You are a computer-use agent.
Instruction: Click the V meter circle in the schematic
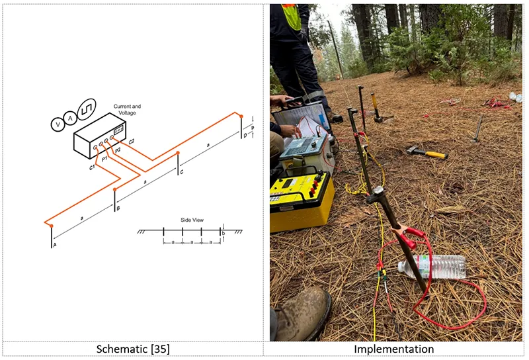click(58, 124)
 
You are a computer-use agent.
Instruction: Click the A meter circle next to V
click(71, 118)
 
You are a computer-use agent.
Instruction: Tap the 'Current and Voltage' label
click(127, 110)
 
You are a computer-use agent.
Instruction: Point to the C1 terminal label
click(93, 167)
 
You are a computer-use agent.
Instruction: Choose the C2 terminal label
click(132, 142)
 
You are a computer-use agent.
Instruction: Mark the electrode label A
click(54, 245)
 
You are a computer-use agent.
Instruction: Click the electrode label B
click(118, 209)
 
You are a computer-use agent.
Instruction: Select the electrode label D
click(245, 136)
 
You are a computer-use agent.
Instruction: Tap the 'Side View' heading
click(191, 220)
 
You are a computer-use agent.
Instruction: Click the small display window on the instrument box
click(118, 132)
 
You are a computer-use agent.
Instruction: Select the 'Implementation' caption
click(394, 349)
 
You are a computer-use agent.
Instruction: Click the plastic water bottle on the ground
click(433, 266)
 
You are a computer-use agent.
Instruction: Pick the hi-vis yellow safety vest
click(291, 16)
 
